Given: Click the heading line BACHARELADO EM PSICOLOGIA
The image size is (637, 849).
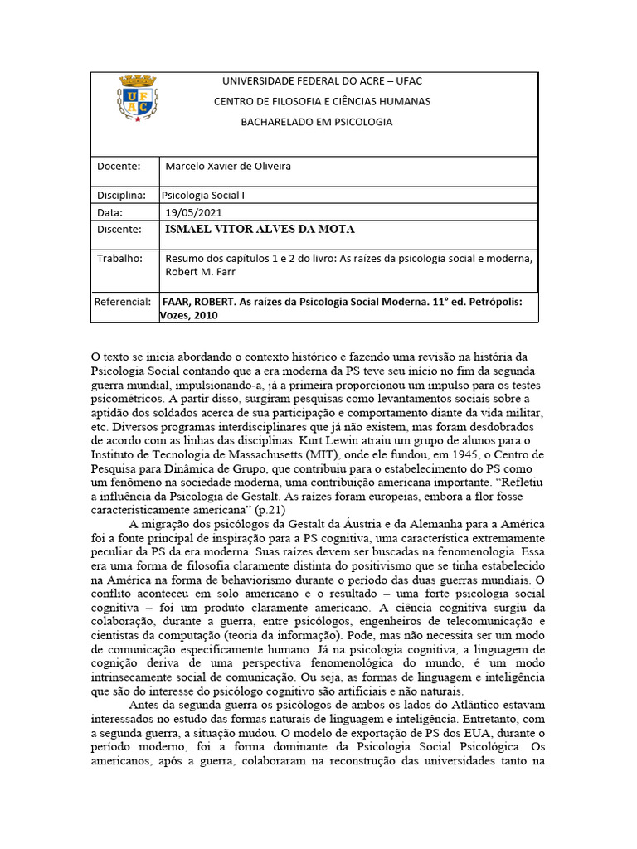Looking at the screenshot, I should (x=316, y=122).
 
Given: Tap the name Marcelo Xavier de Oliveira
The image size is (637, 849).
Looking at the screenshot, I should (x=228, y=166).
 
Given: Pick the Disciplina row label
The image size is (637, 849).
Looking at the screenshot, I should (x=121, y=196).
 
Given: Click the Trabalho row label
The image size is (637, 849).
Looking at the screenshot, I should (x=119, y=258).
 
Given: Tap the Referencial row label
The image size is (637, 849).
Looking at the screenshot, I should (x=123, y=302).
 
